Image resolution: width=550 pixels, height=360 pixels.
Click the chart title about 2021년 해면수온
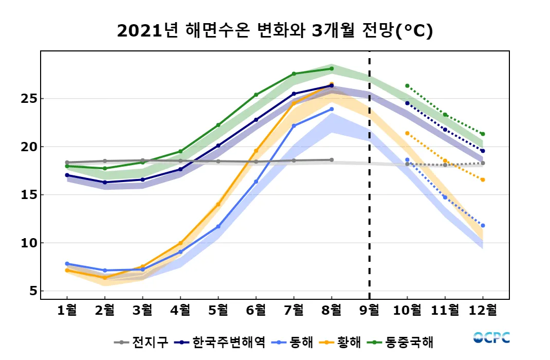(x=275, y=31)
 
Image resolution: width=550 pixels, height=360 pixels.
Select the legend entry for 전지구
(x=141, y=342)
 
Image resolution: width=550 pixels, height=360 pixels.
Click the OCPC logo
(x=491, y=338)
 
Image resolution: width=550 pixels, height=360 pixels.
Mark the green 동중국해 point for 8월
(x=332, y=68)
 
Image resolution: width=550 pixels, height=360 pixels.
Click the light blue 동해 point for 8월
(x=332, y=109)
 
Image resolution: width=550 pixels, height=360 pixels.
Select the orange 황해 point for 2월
(x=105, y=278)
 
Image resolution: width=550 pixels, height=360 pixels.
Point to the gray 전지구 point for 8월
(x=332, y=160)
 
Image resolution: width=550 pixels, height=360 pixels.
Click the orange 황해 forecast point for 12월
(x=483, y=179)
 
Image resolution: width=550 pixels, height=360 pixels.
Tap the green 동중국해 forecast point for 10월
(x=407, y=86)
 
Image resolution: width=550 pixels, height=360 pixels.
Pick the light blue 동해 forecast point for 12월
(x=483, y=226)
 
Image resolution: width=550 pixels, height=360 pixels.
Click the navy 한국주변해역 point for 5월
(x=218, y=146)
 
